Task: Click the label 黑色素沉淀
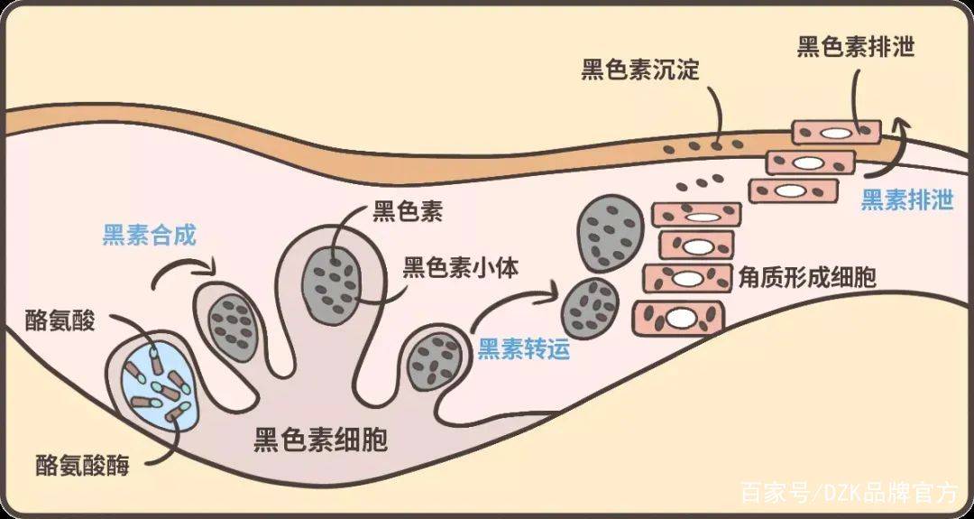pos(640,70)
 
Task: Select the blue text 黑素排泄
pos(907,200)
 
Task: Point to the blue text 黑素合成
pos(149,236)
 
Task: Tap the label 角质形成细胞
pos(807,278)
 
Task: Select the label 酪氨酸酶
pos(82,466)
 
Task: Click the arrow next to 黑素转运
pos(512,299)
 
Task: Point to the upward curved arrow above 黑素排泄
pos(887,148)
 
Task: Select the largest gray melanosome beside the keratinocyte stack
pos(609,233)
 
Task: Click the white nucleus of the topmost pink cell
pos(837,134)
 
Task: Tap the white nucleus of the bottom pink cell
pos(681,318)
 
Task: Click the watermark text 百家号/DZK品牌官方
pos(850,493)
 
